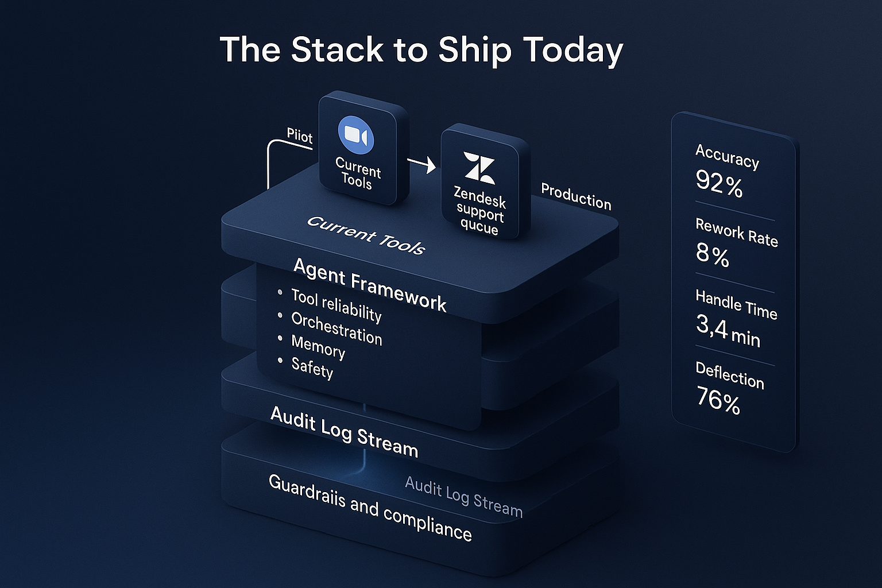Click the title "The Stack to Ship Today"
pyautogui.click(x=421, y=49)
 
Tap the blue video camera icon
pyautogui.click(x=356, y=136)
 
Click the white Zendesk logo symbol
pyautogui.click(x=479, y=168)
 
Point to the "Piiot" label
pyautogui.click(x=299, y=136)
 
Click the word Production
pyautogui.click(x=576, y=197)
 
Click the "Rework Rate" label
pyautogui.click(x=737, y=233)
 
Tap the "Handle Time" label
pyautogui.click(x=736, y=304)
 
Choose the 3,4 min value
pyautogui.click(x=728, y=331)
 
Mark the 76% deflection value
pyautogui.click(x=718, y=399)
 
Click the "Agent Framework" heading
pyautogui.click(x=370, y=284)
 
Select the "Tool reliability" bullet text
pyautogui.click(x=336, y=305)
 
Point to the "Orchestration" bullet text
pyautogui.click(x=336, y=328)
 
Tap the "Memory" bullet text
pyautogui.click(x=318, y=346)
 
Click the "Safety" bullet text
pyautogui.click(x=312, y=367)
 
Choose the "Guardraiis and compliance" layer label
pyautogui.click(x=370, y=508)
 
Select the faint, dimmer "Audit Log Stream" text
pyautogui.click(x=464, y=497)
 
